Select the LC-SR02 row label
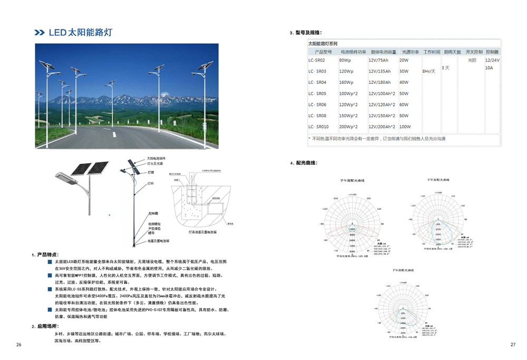(x=317, y=61)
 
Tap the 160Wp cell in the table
(x=346, y=83)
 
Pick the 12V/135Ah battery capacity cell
(x=379, y=72)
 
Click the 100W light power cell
(x=405, y=127)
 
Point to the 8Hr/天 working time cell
(x=430, y=71)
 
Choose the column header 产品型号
(x=323, y=52)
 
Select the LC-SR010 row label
(x=318, y=127)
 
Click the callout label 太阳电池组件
(x=156, y=159)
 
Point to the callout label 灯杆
(x=150, y=184)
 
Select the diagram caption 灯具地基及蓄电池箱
(x=200, y=231)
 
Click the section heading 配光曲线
(x=305, y=163)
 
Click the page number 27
(x=513, y=345)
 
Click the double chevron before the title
(x=40, y=33)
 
